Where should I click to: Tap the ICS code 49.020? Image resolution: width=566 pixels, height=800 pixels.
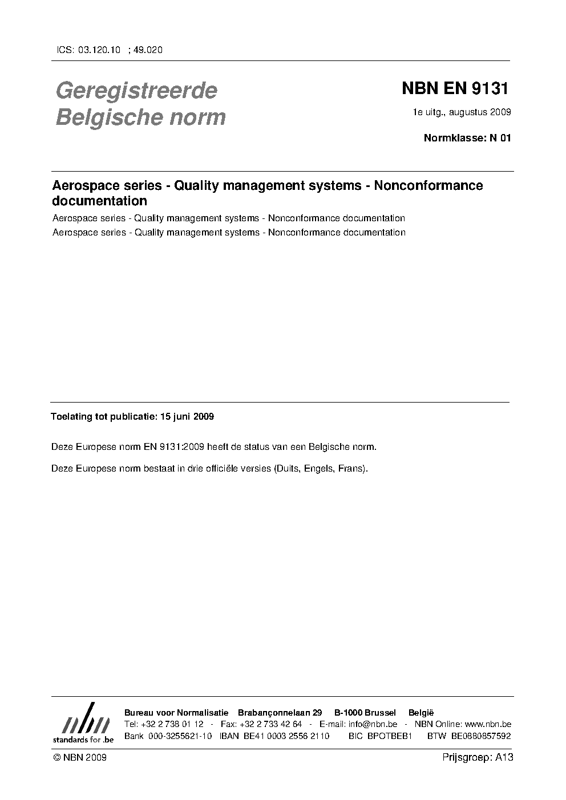[x=148, y=50]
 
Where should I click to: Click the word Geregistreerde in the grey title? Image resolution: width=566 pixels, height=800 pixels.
[x=136, y=90]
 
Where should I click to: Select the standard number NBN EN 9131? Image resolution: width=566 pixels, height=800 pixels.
[x=455, y=89]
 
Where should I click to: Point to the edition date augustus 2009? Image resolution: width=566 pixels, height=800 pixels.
[x=480, y=112]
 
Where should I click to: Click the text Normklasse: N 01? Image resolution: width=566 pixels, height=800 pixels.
[x=467, y=137]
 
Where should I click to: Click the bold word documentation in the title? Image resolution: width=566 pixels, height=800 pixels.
[x=100, y=201]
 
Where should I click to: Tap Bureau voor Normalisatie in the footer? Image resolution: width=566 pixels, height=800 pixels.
[x=176, y=713]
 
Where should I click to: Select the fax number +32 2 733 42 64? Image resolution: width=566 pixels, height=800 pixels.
[x=271, y=724]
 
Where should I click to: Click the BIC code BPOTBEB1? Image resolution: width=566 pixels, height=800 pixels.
[x=390, y=736]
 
